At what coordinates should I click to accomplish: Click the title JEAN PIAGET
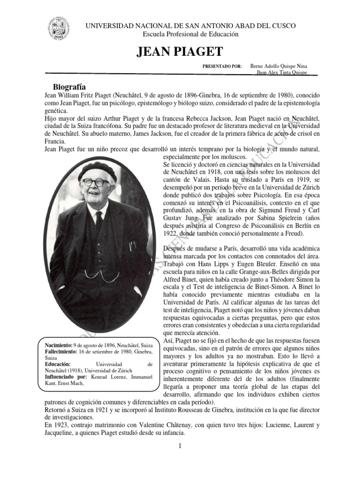click(180, 52)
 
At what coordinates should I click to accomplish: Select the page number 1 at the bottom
click(180, 445)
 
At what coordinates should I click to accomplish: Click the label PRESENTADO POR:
click(222, 67)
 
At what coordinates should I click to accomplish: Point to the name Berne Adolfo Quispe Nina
click(279, 67)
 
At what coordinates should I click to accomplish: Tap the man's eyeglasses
click(95, 182)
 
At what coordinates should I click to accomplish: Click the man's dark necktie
click(99, 220)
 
